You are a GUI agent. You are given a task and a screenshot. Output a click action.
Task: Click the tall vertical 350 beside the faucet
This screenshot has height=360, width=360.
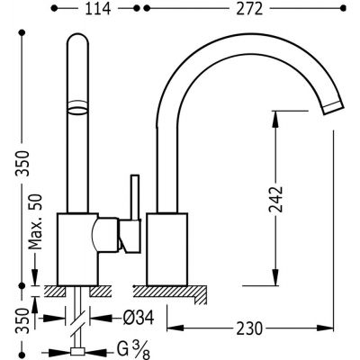(11, 165)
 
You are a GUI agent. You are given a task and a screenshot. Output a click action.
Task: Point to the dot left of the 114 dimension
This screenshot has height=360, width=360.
(57, 12)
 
